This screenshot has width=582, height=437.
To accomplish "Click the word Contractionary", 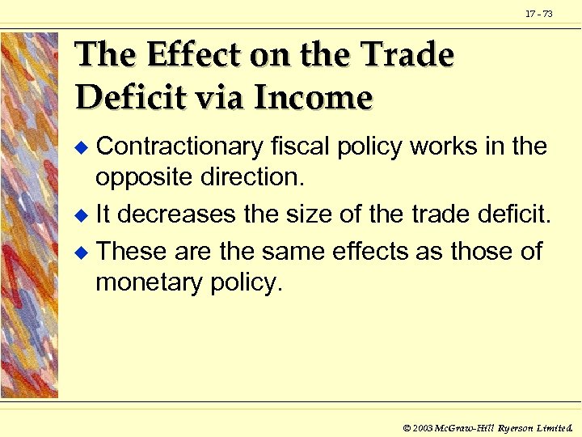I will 179,146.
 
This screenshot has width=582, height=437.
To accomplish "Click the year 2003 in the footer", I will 422,425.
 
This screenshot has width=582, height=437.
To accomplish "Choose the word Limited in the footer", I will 553,425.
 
